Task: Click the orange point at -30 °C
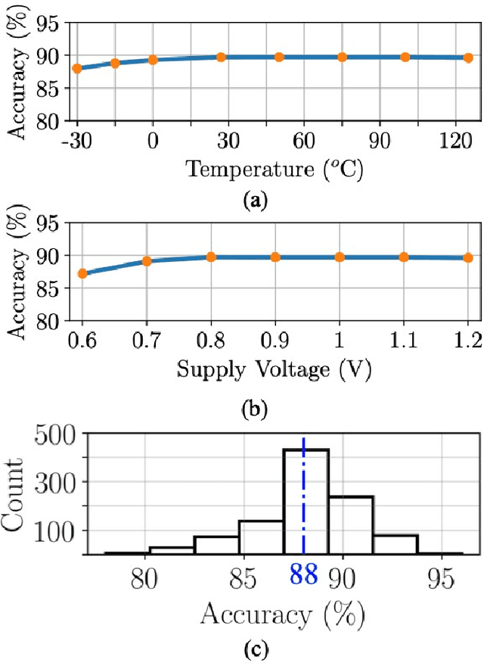click(77, 68)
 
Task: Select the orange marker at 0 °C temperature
click(153, 60)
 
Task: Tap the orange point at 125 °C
click(468, 58)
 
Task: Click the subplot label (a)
click(252, 201)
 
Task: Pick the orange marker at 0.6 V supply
click(82, 273)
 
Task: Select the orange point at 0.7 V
click(147, 261)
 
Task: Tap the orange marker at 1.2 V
click(468, 257)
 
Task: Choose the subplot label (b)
click(252, 412)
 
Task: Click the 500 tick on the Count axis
click(59, 435)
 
